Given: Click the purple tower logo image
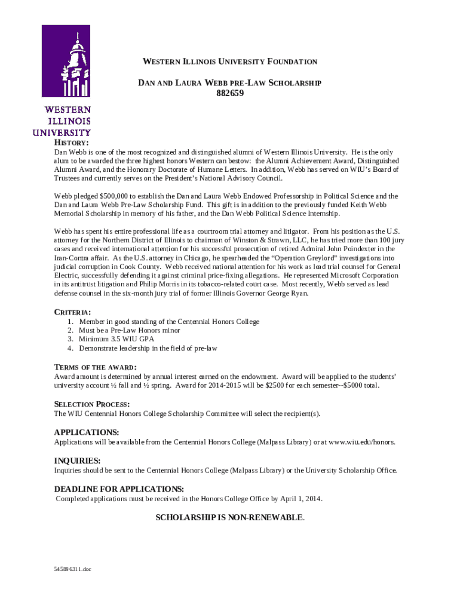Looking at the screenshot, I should tap(66, 61).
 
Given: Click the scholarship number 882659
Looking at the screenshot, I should tap(230, 93).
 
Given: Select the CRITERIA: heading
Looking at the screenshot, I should tap(73, 312).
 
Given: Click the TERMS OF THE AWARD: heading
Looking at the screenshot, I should tap(96, 367).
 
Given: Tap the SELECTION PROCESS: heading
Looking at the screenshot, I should tap(92, 404).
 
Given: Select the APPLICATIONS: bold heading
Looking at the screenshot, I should tap(87, 432).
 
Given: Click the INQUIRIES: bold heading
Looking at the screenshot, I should tap(77, 461).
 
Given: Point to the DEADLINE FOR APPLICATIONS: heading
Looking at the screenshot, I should tap(119, 489).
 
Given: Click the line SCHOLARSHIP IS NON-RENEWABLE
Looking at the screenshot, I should tap(230, 517).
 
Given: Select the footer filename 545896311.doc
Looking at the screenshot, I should tap(72, 569).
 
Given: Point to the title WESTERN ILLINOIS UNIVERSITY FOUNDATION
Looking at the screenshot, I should tap(229, 62).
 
